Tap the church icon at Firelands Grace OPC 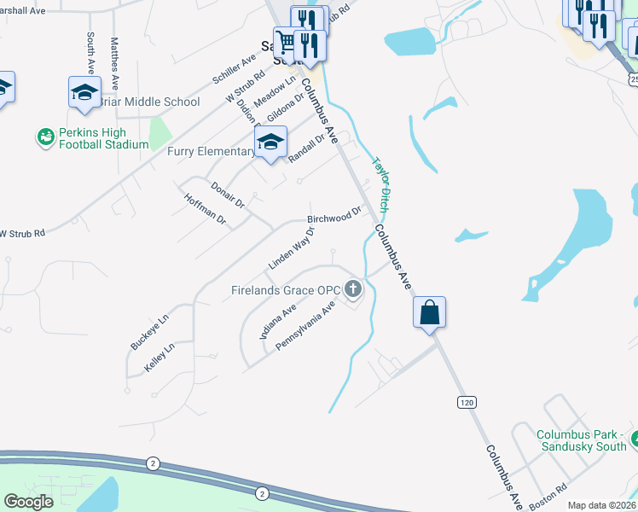(353, 290)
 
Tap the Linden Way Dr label (293, 248)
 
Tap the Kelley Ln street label (159, 357)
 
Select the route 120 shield (466, 401)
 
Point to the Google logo (28, 501)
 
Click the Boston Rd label (548, 497)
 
